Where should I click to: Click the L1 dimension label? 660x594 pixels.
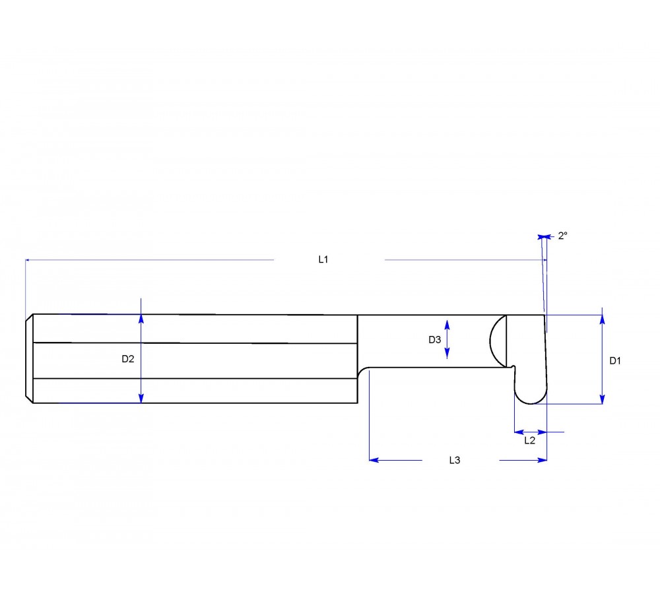323,260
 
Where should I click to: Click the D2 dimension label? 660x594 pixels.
128,359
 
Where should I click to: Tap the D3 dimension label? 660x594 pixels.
434,340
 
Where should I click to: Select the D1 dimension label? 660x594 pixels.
615,360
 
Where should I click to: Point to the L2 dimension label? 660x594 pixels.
529,440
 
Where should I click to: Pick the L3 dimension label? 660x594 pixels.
454,460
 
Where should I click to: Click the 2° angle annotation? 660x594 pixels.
562,236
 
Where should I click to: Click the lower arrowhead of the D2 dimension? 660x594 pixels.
141,397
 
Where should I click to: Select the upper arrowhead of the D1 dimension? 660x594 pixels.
602,319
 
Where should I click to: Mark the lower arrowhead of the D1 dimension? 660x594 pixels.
602,399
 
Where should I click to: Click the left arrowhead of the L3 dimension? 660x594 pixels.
374,460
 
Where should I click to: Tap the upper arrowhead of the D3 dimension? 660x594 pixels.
447,324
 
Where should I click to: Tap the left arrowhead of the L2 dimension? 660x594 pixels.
518,432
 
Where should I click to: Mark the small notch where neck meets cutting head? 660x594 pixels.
513,366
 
